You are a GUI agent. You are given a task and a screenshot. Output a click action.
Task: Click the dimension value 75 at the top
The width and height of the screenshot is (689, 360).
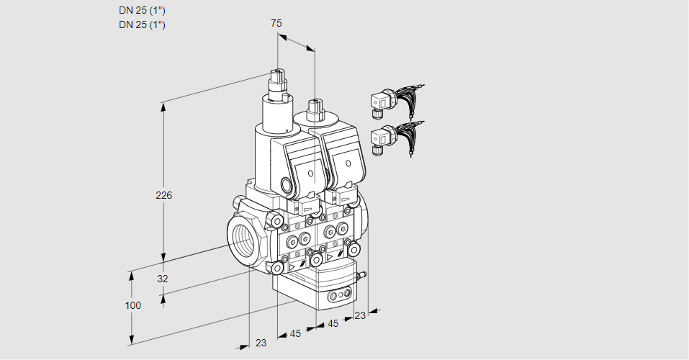276,24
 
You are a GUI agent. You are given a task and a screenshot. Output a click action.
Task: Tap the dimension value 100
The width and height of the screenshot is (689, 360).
132,305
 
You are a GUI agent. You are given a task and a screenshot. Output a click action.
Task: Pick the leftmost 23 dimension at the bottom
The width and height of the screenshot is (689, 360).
261,343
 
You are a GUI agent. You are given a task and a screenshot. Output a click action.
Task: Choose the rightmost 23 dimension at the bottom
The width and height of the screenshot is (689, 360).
359,315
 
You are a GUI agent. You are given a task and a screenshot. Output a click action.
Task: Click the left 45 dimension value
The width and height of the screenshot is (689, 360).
295,333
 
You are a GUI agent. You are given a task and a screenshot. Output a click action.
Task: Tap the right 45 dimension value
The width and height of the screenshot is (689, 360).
333,324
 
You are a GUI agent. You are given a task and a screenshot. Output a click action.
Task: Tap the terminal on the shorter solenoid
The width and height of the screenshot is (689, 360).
314,109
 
